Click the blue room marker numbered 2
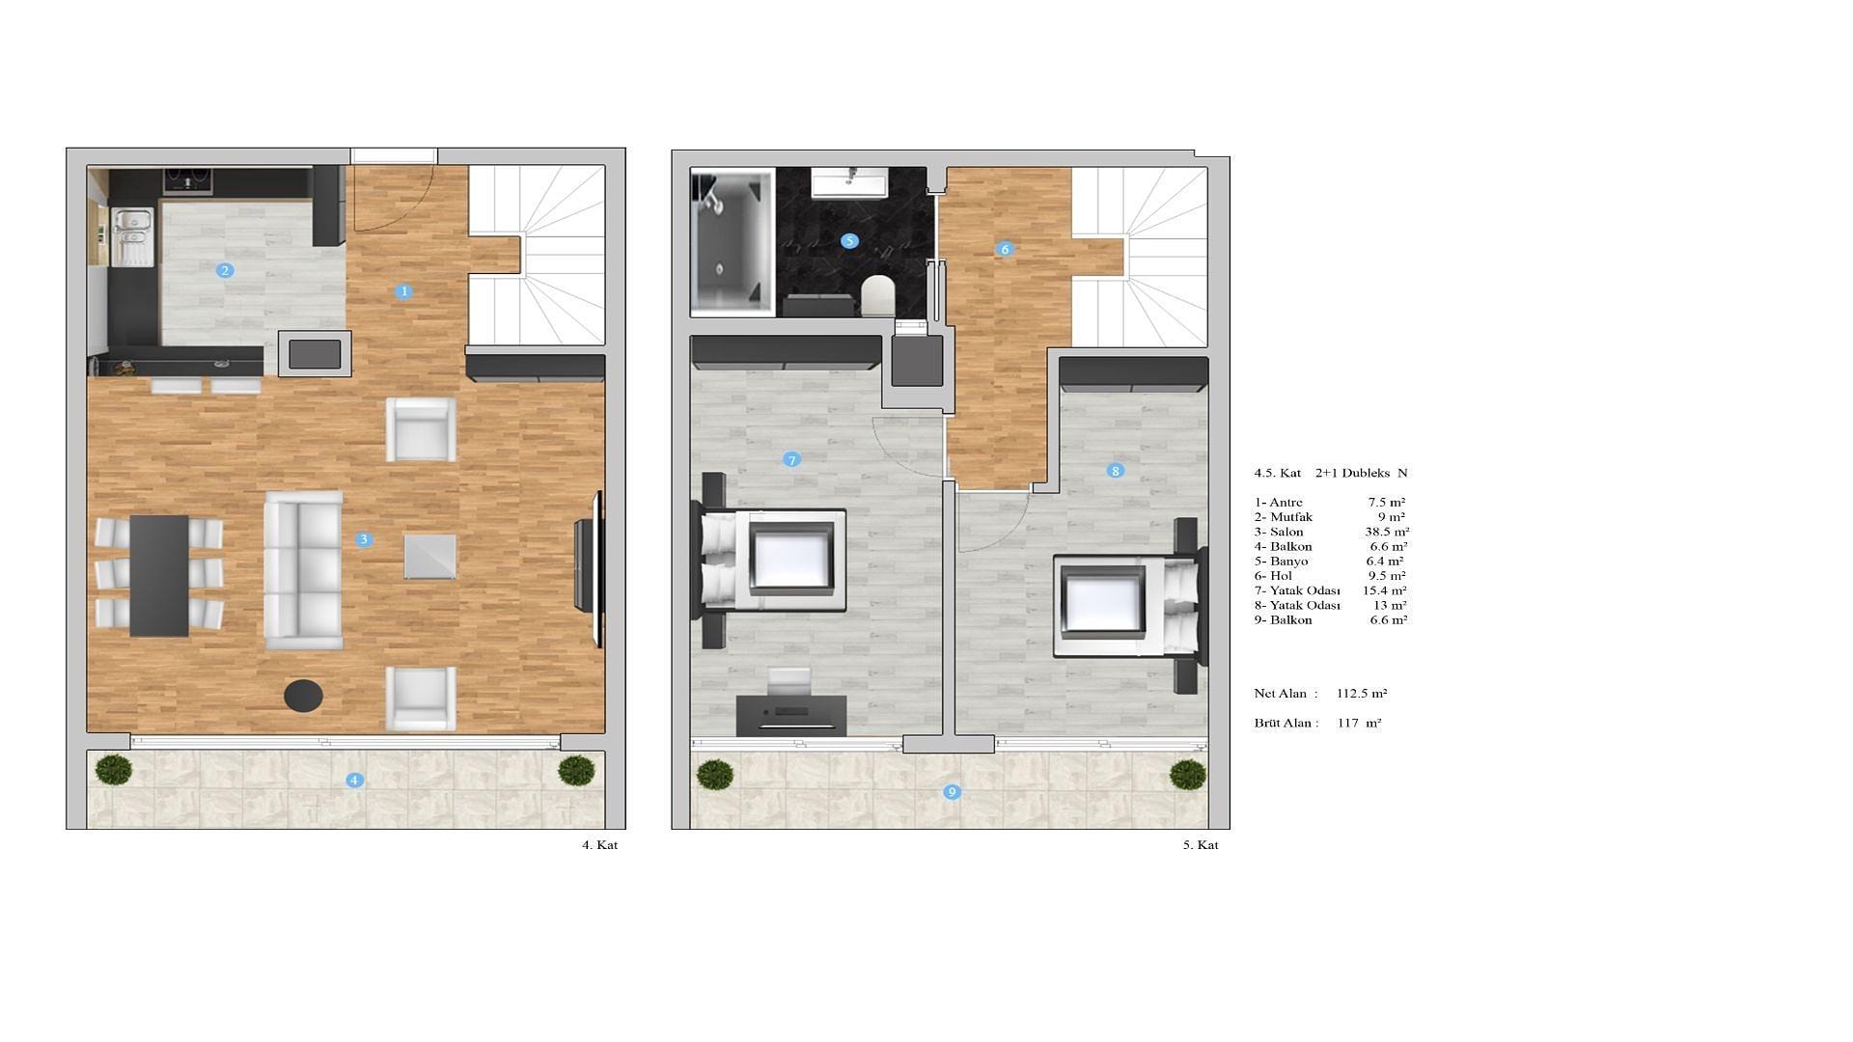tap(225, 270)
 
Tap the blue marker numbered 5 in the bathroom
tap(849, 240)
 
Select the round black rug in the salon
tap(303, 695)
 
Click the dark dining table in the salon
tap(159, 575)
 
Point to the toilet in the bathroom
tap(877, 295)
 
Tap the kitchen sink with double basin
tap(133, 236)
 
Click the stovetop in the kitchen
tap(187, 180)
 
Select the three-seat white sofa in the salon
tap(303, 570)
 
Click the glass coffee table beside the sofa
tap(429, 557)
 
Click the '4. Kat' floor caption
tap(599, 845)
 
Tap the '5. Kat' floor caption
tap(1201, 845)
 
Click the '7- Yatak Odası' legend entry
tap(1298, 590)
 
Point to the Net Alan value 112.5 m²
tap(1362, 693)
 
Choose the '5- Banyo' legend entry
tap(1282, 561)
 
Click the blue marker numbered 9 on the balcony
tap(952, 792)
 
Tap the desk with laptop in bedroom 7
tap(791, 715)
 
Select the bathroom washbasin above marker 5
tap(849, 181)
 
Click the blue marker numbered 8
tap(1116, 471)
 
